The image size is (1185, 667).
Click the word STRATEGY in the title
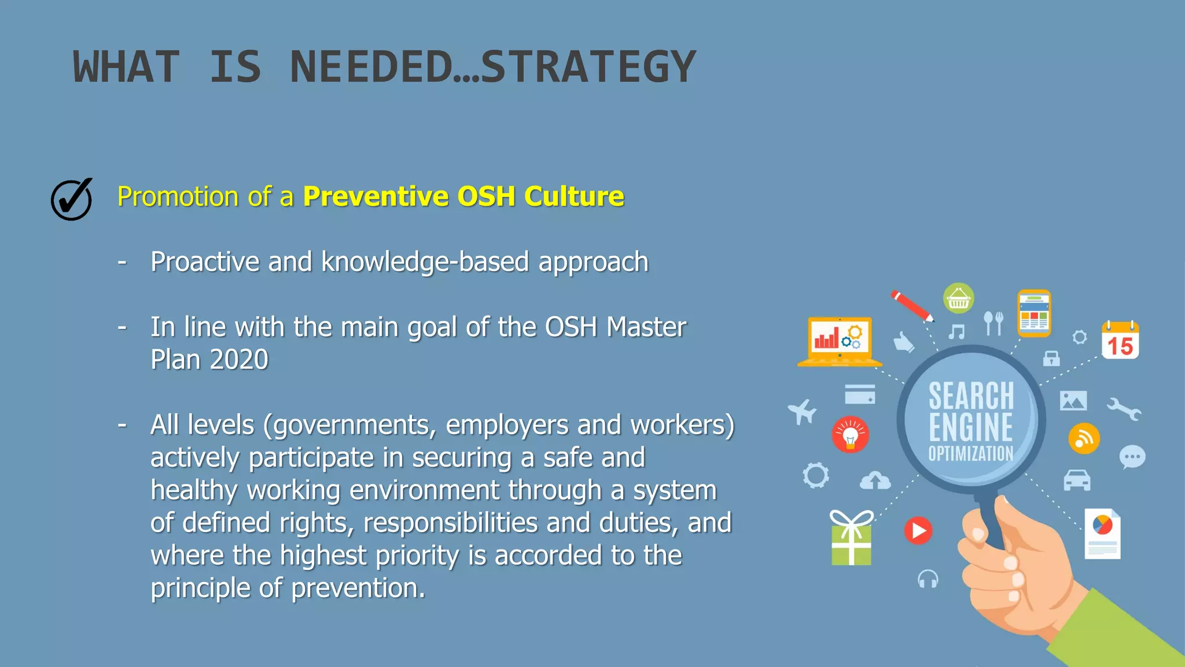coord(588,67)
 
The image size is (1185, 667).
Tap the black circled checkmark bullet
coord(72,199)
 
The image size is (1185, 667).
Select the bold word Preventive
coord(376,196)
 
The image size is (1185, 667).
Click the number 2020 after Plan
coord(239,360)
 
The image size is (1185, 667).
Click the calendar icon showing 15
coord(1120,340)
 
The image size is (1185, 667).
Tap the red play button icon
coord(918,530)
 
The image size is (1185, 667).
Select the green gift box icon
coord(851,538)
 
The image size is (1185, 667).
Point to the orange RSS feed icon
coord(1084,438)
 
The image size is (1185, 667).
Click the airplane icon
coord(803,412)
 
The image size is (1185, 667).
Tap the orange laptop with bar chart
coord(839,342)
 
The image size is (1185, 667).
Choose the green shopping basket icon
coord(958,299)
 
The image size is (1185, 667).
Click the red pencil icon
coord(912,306)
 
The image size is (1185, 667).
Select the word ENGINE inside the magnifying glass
coord(971,427)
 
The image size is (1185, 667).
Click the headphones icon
coord(928,579)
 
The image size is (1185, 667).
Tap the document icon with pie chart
coord(1102,534)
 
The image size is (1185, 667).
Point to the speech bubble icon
coord(1132,457)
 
